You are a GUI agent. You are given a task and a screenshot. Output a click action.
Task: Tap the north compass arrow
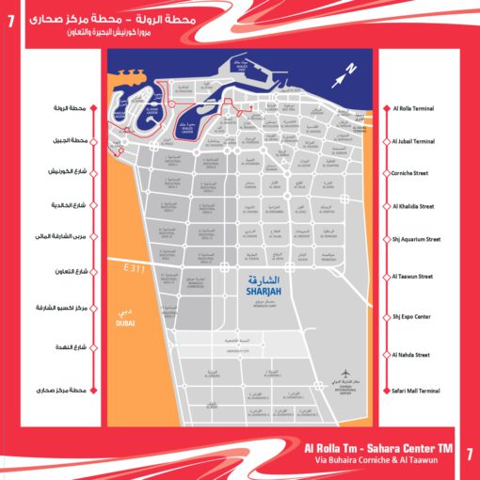[x=349, y=69]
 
